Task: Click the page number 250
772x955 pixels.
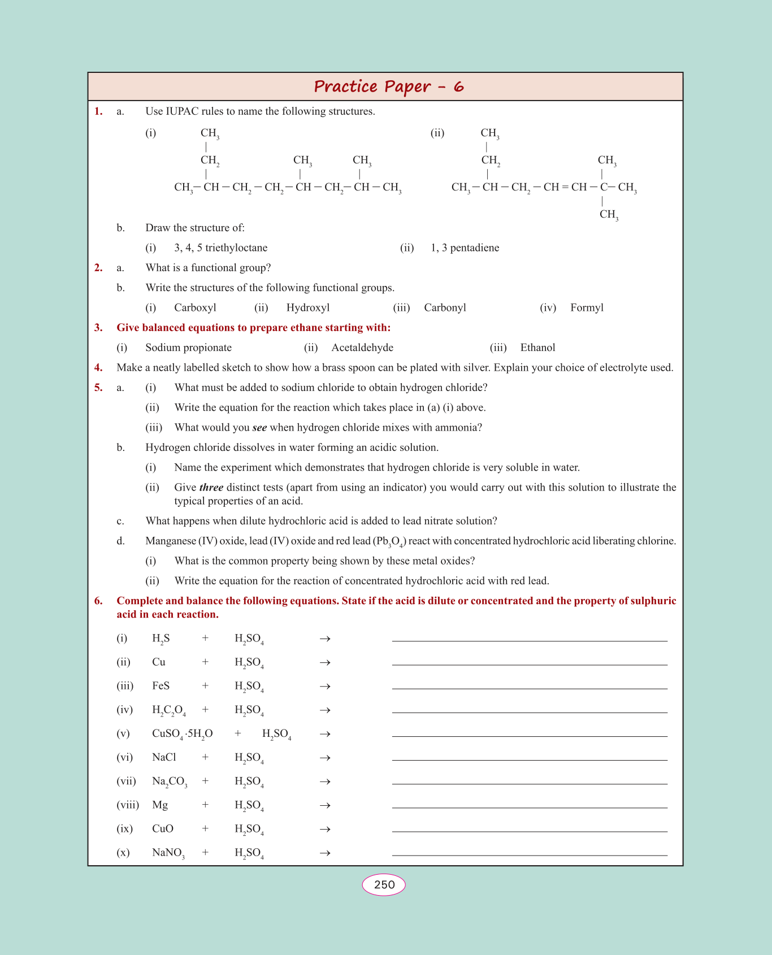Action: point(384,884)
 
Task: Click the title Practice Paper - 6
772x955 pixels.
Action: point(389,86)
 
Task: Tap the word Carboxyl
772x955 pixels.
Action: point(195,308)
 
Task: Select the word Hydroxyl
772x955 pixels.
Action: point(308,308)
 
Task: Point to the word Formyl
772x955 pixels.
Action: point(587,308)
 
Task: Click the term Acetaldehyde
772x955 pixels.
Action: point(362,348)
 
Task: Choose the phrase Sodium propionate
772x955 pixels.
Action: point(188,348)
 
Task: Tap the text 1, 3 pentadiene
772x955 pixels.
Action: point(465,248)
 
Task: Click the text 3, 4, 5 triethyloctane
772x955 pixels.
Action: point(220,248)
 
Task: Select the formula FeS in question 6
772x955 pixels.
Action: point(161,686)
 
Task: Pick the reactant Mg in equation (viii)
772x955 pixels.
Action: point(160,805)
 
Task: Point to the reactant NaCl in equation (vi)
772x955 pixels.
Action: point(164,757)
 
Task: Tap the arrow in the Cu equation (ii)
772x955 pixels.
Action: point(325,662)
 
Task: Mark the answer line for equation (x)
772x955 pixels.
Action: point(530,854)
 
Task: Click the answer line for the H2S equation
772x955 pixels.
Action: point(530,640)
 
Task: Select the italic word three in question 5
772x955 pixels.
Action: point(211,488)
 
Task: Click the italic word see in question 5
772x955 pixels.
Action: point(259,428)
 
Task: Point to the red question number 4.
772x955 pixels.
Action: point(98,368)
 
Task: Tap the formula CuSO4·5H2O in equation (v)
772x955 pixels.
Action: point(182,734)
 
